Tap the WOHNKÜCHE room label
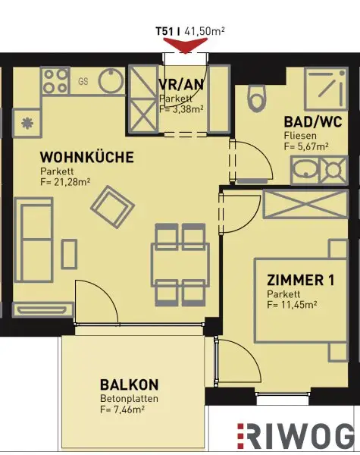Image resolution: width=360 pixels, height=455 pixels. pyautogui.click(x=87, y=158)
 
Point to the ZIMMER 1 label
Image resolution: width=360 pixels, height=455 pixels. pyautogui.click(x=300, y=280)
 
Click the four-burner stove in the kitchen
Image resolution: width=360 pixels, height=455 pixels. pyautogui.click(x=55, y=80)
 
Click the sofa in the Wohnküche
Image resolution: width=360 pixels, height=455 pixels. pyautogui.click(x=33, y=232)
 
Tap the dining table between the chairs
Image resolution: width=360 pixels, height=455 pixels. pyautogui.click(x=180, y=265)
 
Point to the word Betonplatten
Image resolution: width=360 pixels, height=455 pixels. pyautogui.click(x=126, y=397)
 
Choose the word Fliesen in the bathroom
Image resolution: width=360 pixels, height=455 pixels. pyautogui.click(x=299, y=135)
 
